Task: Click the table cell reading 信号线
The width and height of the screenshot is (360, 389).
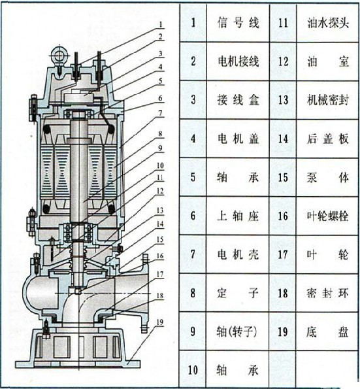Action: [238, 23]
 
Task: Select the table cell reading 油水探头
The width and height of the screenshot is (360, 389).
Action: [328, 23]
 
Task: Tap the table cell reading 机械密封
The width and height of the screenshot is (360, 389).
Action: [328, 100]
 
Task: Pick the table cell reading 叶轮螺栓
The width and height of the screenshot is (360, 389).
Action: [328, 216]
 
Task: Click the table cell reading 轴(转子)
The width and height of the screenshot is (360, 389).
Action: [237, 331]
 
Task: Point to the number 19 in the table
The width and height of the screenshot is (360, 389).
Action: [283, 331]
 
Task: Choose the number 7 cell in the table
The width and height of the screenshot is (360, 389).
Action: [193, 254]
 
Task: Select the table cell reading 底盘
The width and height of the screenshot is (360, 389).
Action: [328, 331]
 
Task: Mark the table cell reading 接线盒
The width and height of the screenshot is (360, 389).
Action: [238, 100]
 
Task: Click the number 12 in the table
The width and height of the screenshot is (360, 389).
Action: [283, 61]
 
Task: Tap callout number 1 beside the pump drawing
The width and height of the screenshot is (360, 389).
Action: [161, 24]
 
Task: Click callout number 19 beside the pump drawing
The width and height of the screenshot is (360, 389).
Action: [160, 322]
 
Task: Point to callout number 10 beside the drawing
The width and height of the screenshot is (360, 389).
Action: [160, 165]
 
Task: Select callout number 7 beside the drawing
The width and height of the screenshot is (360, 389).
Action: [161, 113]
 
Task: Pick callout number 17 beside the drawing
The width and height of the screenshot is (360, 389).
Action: [160, 275]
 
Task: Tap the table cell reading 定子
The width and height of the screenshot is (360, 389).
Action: [238, 293]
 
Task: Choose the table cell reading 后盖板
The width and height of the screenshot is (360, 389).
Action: [328, 139]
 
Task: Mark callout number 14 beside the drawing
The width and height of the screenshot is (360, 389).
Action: [160, 224]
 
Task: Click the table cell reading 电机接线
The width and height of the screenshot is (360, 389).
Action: [238, 61]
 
